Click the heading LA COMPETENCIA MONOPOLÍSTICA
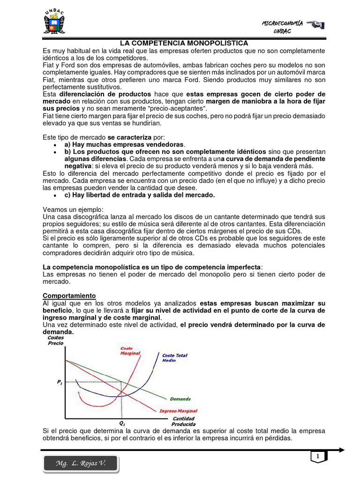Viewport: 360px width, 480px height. click(180, 43)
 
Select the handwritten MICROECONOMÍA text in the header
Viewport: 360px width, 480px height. click(282, 23)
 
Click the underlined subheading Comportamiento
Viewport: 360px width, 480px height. click(69, 296)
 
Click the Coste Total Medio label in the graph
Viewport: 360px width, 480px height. click(174, 358)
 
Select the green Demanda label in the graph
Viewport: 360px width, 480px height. click(180, 399)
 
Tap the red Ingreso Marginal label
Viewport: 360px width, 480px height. click(178, 411)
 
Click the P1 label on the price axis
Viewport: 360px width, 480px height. click(60, 382)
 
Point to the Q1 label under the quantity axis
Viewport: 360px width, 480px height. click(122, 423)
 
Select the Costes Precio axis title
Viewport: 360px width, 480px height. click(55, 340)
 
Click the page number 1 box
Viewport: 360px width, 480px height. click(317, 456)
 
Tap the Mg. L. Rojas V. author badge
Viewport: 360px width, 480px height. click(81, 464)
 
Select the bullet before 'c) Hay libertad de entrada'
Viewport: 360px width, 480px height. click(55, 195)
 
